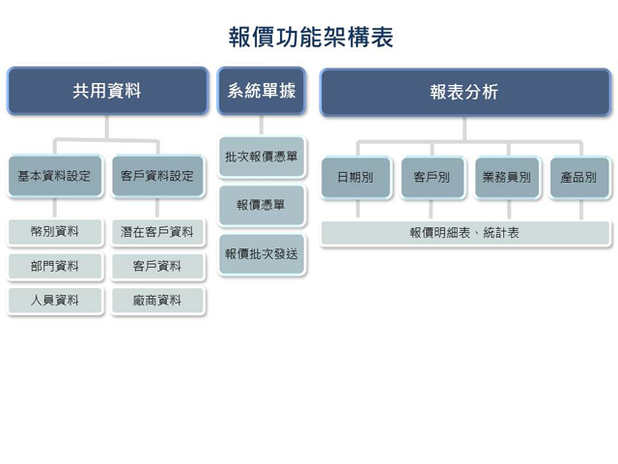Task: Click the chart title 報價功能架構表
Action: [x=310, y=38]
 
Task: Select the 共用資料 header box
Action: [x=107, y=92]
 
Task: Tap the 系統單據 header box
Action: [x=262, y=92]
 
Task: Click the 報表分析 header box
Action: [x=464, y=92]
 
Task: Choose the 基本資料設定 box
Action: [x=54, y=177]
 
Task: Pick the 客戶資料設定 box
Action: [x=157, y=177]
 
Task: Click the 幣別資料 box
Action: [x=54, y=232]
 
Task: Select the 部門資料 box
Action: [x=54, y=266]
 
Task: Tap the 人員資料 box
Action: [x=54, y=300]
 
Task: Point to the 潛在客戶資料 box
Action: [x=157, y=232]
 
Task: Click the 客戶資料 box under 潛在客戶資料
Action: [x=157, y=266]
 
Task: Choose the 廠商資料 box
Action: [x=157, y=300]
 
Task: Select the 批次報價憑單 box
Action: [x=262, y=157]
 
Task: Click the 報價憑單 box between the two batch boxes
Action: [x=262, y=205]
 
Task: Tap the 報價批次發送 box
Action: [x=262, y=254]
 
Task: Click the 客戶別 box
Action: [x=431, y=178]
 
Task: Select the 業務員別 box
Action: [x=507, y=178]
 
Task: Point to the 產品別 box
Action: [x=579, y=178]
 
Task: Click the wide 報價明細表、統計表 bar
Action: [x=464, y=233]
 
